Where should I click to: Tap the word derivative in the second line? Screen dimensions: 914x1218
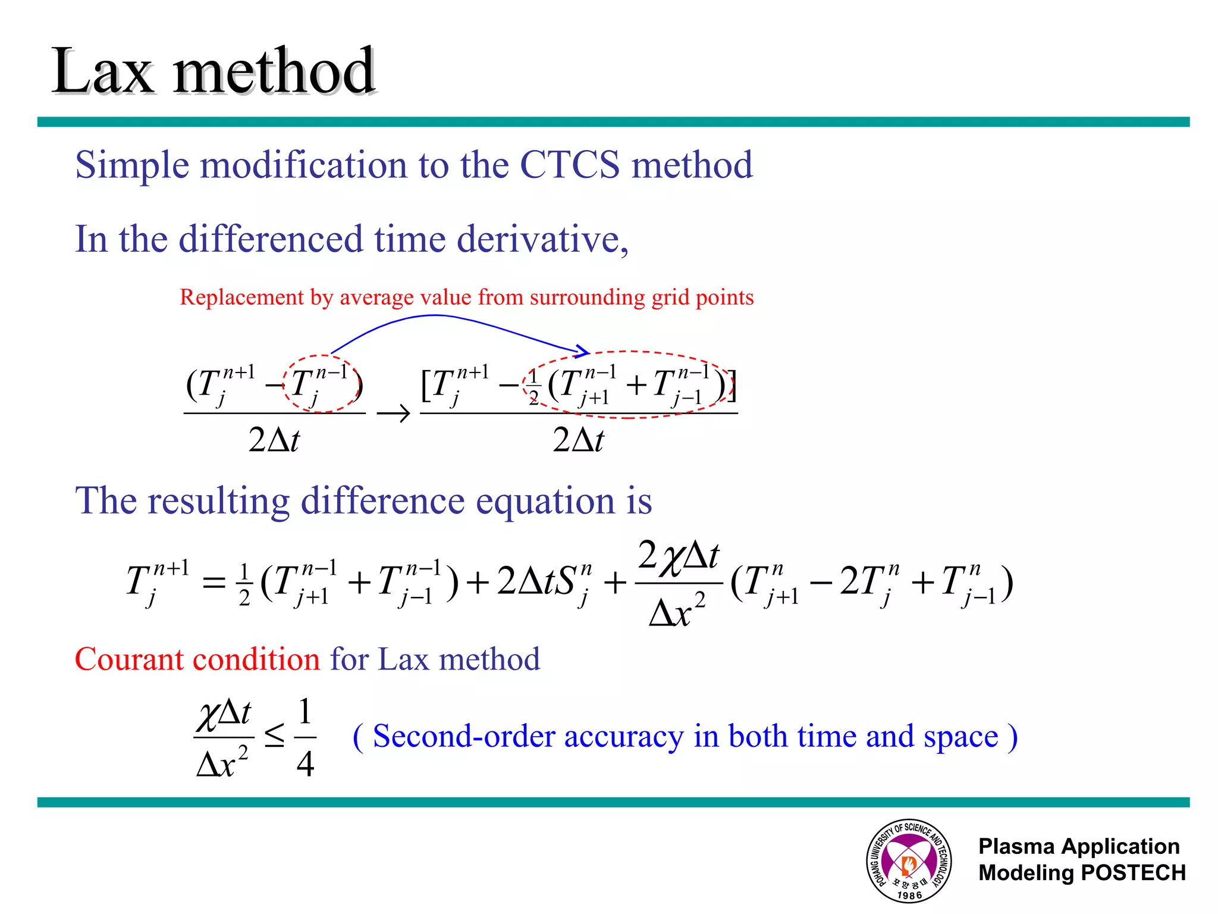click(x=538, y=239)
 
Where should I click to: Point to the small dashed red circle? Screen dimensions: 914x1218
click(x=322, y=383)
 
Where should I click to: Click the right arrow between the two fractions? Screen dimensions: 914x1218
click(x=393, y=413)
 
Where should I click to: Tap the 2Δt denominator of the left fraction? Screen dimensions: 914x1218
click(x=274, y=440)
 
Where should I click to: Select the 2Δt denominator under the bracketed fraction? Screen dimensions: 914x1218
click(x=578, y=440)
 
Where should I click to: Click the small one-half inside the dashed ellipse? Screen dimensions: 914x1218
click(x=533, y=387)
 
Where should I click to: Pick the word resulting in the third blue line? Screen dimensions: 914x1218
click(x=218, y=500)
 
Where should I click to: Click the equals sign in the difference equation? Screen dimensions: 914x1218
click(x=214, y=582)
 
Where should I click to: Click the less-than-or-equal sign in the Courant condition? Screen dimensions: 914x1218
click(x=274, y=737)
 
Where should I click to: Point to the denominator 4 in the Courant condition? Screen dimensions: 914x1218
click(x=305, y=764)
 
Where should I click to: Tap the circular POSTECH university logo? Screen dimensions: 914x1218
click(x=908, y=860)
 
